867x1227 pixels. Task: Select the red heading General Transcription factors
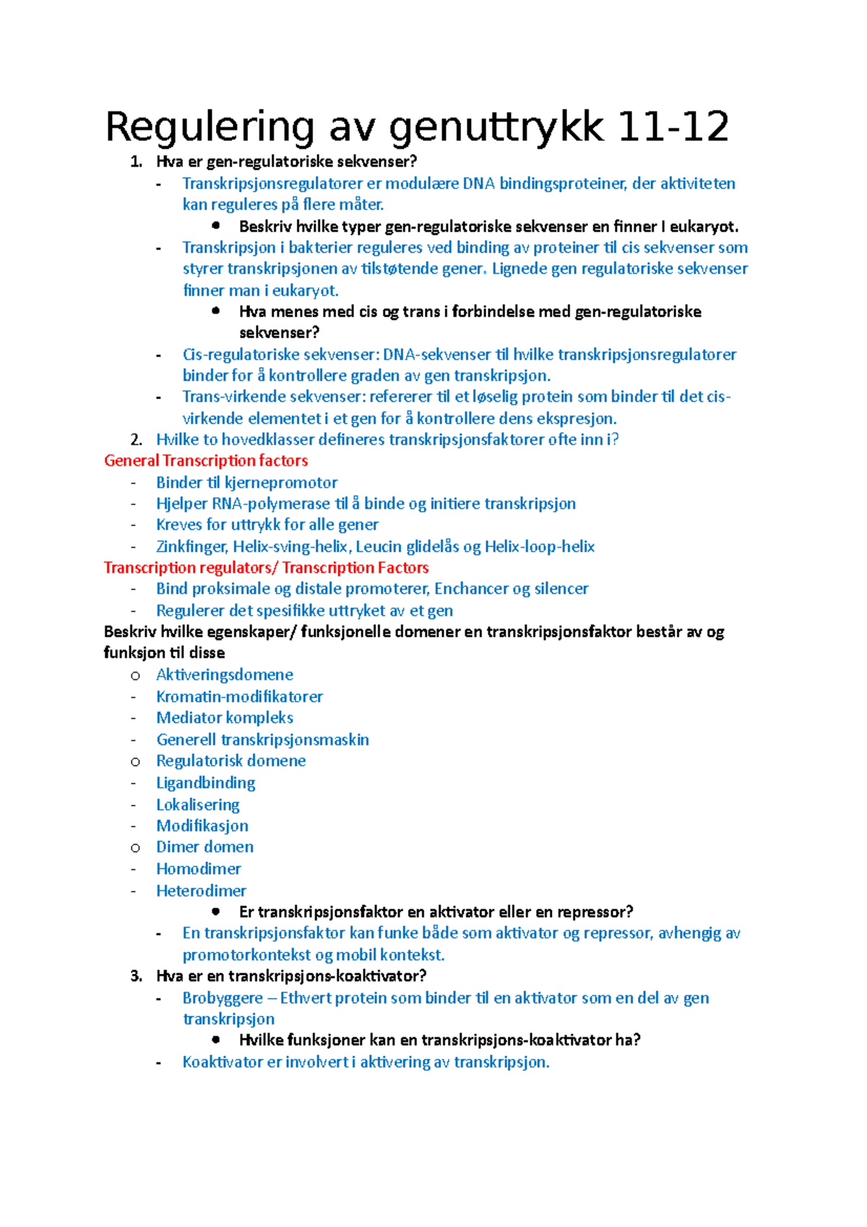[x=206, y=461]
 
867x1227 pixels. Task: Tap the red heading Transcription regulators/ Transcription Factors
[x=266, y=568]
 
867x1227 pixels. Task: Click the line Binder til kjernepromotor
[x=246, y=483]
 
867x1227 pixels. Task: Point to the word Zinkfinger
[x=191, y=547]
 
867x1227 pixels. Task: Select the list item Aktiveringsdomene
[x=225, y=675]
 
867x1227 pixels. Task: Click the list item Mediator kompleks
[x=225, y=718]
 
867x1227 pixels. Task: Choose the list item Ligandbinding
[x=206, y=783]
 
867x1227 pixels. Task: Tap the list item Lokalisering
[x=198, y=805]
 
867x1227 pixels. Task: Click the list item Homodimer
[x=199, y=869]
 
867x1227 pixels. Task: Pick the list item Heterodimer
[x=202, y=891]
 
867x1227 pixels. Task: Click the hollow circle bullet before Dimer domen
[x=135, y=848]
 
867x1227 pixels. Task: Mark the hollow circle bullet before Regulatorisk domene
[x=135, y=762]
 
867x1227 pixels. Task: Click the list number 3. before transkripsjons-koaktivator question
[x=136, y=976]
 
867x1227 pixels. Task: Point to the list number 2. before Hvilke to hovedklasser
[x=136, y=440]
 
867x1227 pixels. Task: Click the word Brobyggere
[x=223, y=998]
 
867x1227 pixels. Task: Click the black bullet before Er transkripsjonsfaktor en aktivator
[x=215, y=911]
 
